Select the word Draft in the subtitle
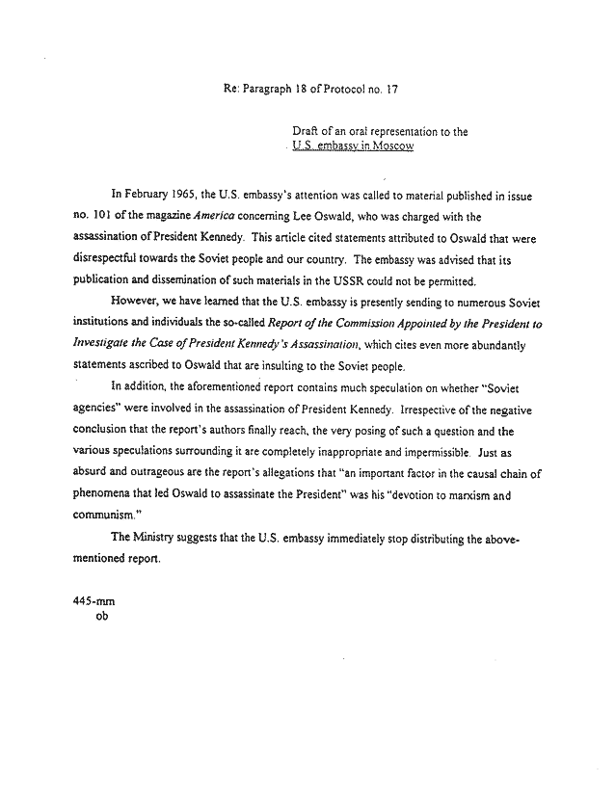[x=305, y=131]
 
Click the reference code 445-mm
[x=94, y=598]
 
